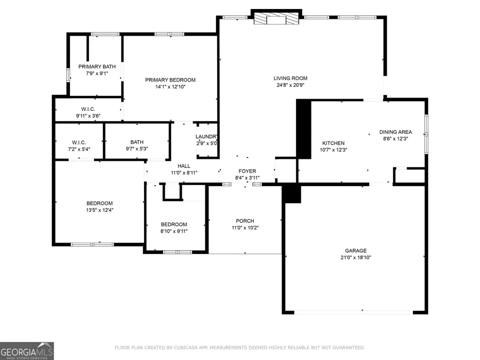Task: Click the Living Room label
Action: coord(291,78)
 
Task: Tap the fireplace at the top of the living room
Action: coord(276,20)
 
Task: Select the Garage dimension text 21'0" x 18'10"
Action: coord(355,257)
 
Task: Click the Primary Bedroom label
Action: coord(170,80)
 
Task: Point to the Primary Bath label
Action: coord(97,67)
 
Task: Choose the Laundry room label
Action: coord(206,137)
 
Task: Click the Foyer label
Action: coord(246,171)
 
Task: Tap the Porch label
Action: coord(245,221)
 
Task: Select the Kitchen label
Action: coord(333,143)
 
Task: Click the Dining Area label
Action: coord(395,132)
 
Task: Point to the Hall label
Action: coord(184,166)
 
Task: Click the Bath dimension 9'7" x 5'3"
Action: coord(137,149)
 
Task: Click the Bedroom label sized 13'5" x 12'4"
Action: coord(100,203)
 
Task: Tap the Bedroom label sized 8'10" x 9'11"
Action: coord(174,224)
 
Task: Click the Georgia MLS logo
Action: coord(27,351)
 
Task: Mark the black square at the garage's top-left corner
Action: coord(291,193)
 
